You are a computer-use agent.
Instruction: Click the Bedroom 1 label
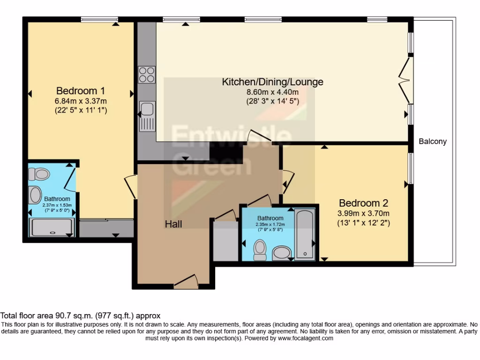click(80, 90)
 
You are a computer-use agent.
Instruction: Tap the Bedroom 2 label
click(364, 203)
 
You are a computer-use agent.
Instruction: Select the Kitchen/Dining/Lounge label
click(272, 82)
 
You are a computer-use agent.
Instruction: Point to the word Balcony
click(433, 141)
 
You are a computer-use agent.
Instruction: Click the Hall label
click(173, 224)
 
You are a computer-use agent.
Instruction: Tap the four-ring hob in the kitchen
click(147, 75)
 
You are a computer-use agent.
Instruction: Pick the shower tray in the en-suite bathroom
click(52, 228)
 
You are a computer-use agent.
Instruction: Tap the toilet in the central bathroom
click(259, 250)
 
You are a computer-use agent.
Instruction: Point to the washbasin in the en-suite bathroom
click(36, 195)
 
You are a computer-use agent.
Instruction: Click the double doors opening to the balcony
click(405, 80)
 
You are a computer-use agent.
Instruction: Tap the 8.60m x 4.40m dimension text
click(272, 92)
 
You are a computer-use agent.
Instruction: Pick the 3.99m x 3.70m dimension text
click(364, 214)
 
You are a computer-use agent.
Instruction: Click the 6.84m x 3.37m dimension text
click(80, 101)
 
